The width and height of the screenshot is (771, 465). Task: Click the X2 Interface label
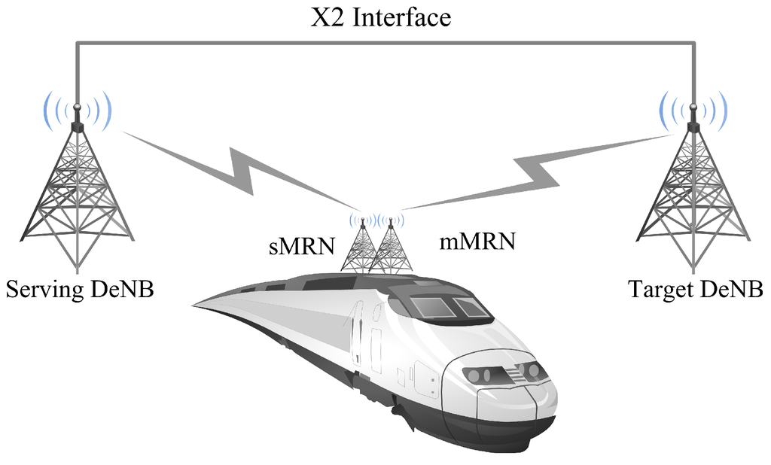click(381, 17)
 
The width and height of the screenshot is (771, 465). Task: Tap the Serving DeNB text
click(80, 289)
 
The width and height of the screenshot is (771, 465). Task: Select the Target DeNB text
click(696, 289)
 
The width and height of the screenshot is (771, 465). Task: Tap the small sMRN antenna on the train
click(363, 248)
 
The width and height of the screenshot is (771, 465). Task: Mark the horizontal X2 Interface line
click(384, 44)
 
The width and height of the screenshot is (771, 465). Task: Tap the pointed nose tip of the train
click(197, 305)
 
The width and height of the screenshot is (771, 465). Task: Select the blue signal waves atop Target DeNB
click(693, 110)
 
